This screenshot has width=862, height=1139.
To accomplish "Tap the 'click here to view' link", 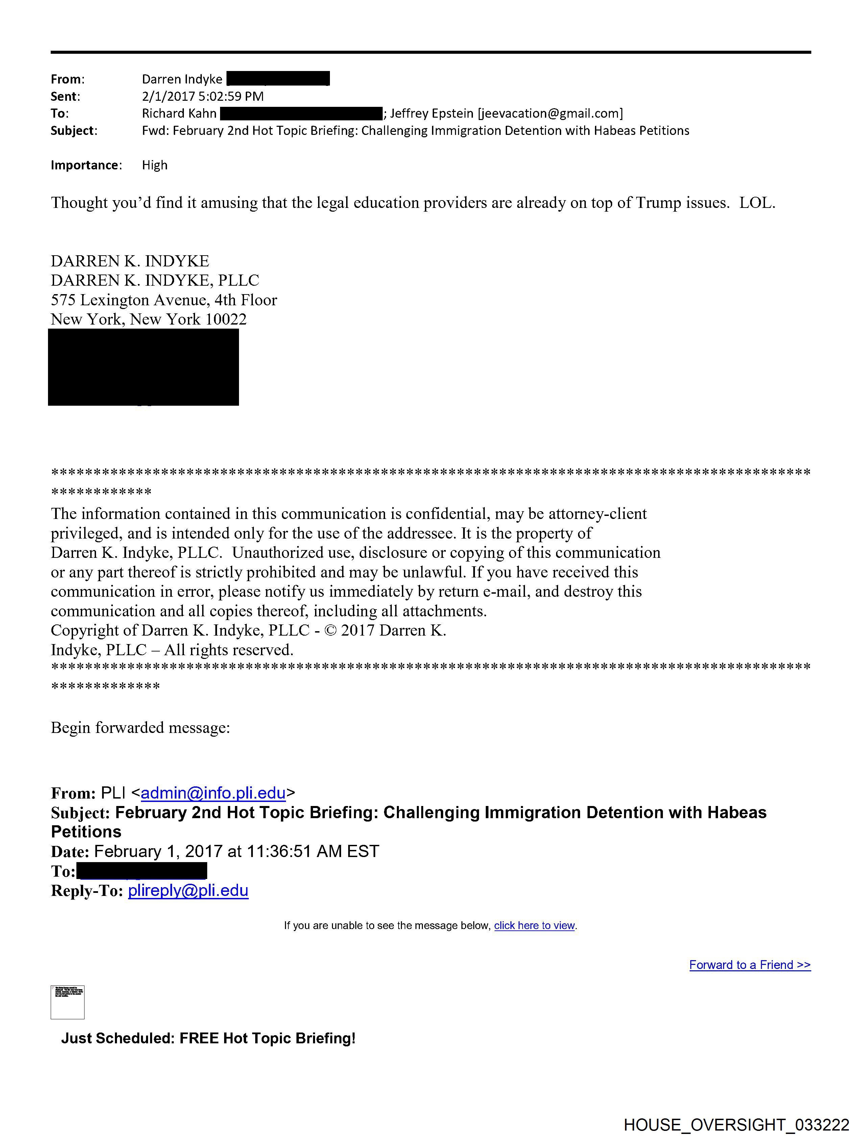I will [x=534, y=925].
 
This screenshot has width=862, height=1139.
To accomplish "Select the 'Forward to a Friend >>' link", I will [x=750, y=965].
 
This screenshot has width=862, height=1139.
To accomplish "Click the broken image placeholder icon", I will [x=68, y=1002].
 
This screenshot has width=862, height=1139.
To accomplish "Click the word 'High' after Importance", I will [x=154, y=165].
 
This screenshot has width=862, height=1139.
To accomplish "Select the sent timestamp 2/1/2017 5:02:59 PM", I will [x=202, y=96].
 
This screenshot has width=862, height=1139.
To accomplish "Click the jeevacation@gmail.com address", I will [x=550, y=113].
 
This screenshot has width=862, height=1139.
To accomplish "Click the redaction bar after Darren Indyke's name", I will [x=278, y=79].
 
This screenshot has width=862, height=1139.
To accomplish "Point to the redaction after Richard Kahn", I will [x=301, y=113].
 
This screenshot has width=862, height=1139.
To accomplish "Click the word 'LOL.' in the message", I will [x=757, y=203].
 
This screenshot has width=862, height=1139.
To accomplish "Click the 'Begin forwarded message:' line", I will [x=140, y=728].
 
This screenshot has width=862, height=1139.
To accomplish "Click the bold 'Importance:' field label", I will [x=86, y=165].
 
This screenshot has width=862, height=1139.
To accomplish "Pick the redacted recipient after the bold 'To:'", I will [x=142, y=871].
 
